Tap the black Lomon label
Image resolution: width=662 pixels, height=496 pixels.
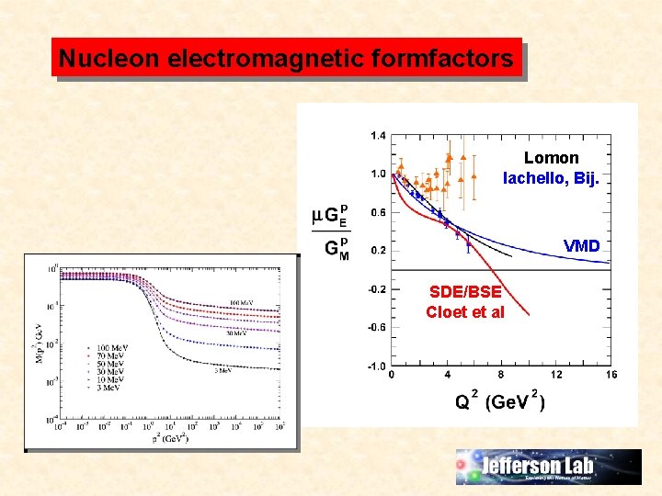tap(551, 158)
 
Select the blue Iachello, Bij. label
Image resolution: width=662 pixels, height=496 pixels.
tap(551, 178)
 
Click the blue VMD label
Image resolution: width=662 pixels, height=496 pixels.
tap(581, 246)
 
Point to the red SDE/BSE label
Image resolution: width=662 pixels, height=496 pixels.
tap(465, 292)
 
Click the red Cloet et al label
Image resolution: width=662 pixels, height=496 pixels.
tap(465, 312)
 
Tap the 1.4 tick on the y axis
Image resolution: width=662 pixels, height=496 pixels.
tap(378, 135)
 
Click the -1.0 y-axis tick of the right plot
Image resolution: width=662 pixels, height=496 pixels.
tap(376, 366)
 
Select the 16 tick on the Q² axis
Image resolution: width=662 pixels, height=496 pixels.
tap(611, 375)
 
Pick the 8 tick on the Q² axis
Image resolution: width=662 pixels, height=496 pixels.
tap(501, 375)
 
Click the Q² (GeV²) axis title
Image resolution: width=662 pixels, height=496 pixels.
tap(501, 402)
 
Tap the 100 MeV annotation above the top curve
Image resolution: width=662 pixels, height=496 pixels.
tap(242, 302)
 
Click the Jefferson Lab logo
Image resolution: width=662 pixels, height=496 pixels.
tap(549, 467)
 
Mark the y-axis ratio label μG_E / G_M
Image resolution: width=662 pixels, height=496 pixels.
tap(331, 231)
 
